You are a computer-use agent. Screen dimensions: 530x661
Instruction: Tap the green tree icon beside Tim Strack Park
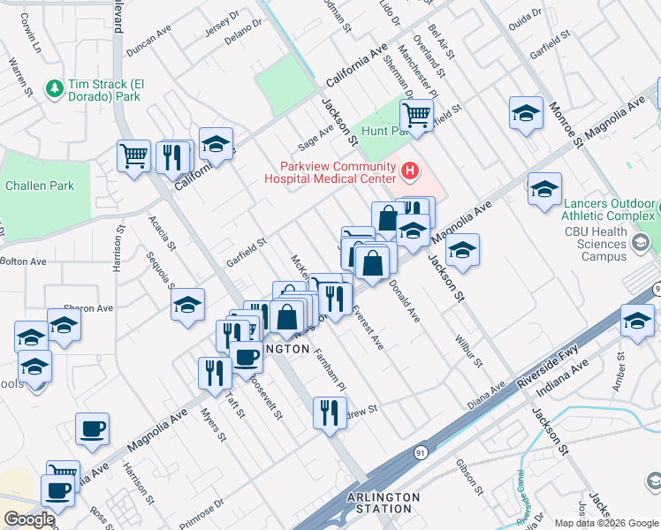[x=54, y=87]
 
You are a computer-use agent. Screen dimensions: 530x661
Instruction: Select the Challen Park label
[x=40, y=185]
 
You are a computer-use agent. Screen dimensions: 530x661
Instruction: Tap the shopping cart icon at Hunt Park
[x=416, y=113]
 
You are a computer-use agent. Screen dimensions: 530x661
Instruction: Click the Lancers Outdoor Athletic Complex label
[x=609, y=212]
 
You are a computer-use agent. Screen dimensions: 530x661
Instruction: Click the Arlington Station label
[x=384, y=503]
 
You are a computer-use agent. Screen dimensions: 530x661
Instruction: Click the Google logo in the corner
[x=29, y=519]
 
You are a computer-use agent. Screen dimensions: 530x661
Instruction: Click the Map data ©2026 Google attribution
[x=605, y=523]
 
